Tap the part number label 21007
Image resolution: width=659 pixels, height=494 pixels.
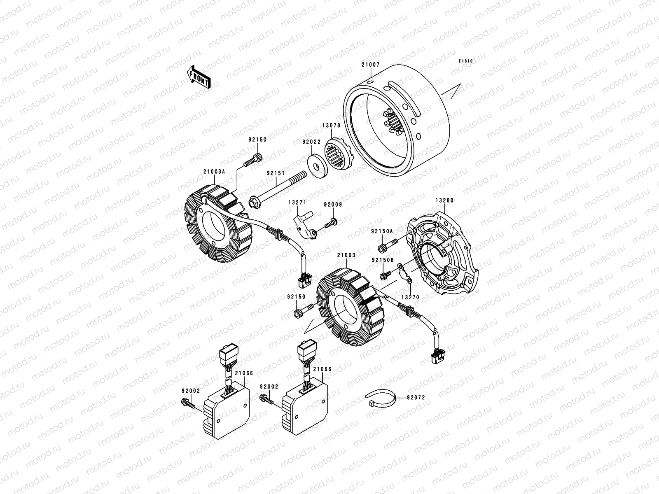[x=371, y=65]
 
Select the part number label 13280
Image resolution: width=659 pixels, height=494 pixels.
[x=444, y=200]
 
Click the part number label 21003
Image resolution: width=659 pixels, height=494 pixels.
[x=346, y=255]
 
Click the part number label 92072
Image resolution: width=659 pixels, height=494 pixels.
[x=416, y=398]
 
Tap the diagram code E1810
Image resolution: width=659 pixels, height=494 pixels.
[x=466, y=61]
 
